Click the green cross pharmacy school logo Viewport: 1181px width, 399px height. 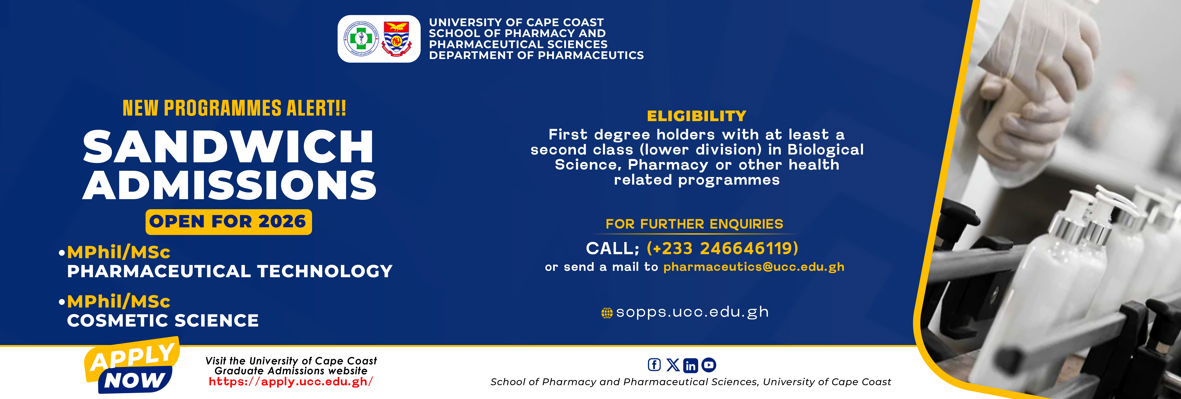pyautogui.click(x=361, y=39)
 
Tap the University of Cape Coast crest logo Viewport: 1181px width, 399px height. pyautogui.click(x=396, y=39)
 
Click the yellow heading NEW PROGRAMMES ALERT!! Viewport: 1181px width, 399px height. pyautogui.click(x=234, y=108)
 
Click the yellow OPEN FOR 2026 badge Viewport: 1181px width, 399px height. pyautogui.click(x=228, y=222)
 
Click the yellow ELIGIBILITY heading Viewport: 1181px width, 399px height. pyautogui.click(x=696, y=116)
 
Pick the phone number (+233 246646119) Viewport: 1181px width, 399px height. pyautogui.click(x=722, y=248)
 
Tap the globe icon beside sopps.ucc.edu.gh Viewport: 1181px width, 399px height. pyautogui.click(x=606, y=313)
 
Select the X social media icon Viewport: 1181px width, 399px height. pyautogui.click(x=673, y=365)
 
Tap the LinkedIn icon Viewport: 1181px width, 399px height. pyautogui.click(x=690, y=365)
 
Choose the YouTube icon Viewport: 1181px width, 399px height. pyautogui.click(x=709, y=365)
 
